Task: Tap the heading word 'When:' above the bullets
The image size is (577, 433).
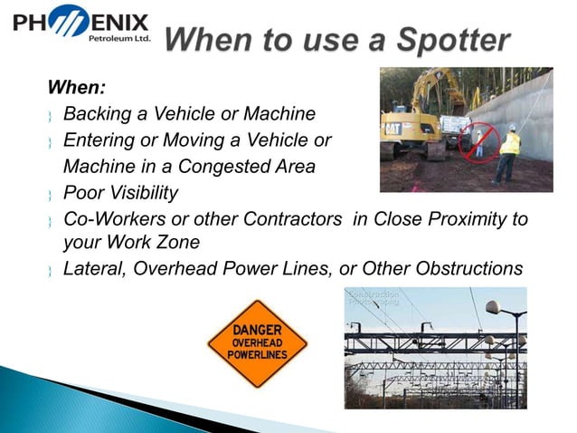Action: pos(77,89)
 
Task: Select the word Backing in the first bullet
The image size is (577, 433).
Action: pos(99,114)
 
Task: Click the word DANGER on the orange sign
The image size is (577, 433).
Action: pos(257,331)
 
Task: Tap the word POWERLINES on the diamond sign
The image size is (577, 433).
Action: pos(257,357)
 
